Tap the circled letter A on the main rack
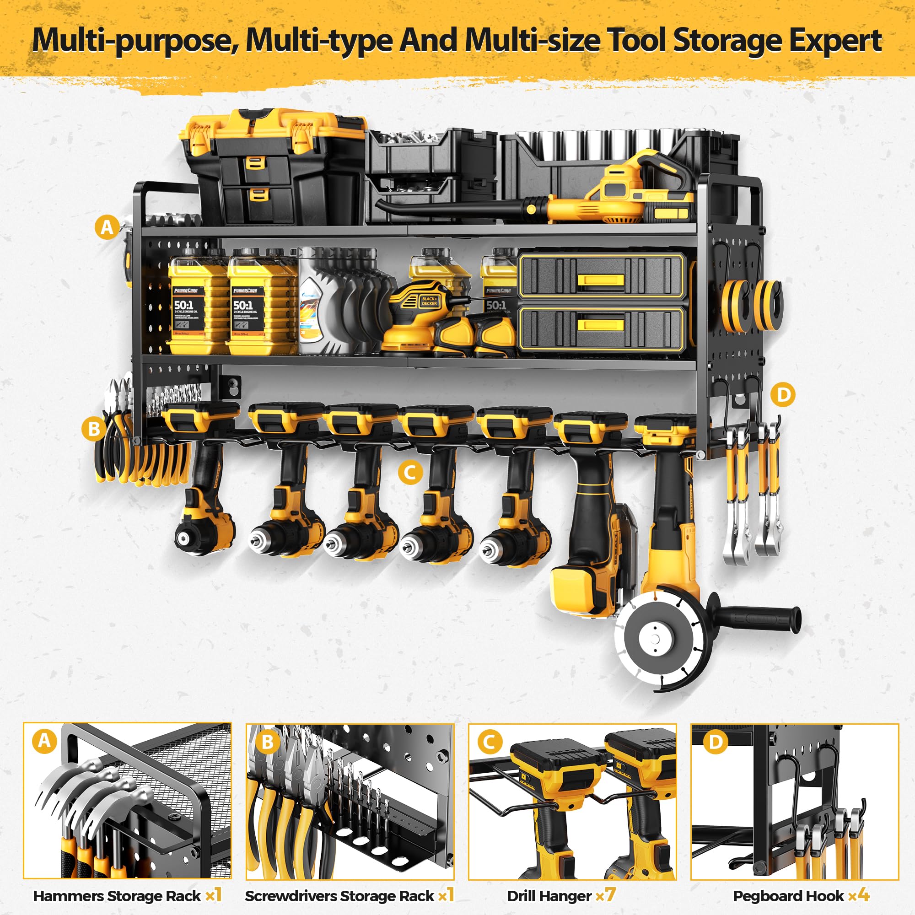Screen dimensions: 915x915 [107, 227]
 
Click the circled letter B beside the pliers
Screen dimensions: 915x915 [94, 429]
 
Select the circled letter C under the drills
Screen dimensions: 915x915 [410, 472]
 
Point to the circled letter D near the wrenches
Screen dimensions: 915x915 [782, 394]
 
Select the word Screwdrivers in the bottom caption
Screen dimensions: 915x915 [291, 896]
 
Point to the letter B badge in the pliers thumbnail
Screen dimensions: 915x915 [267, 742]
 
